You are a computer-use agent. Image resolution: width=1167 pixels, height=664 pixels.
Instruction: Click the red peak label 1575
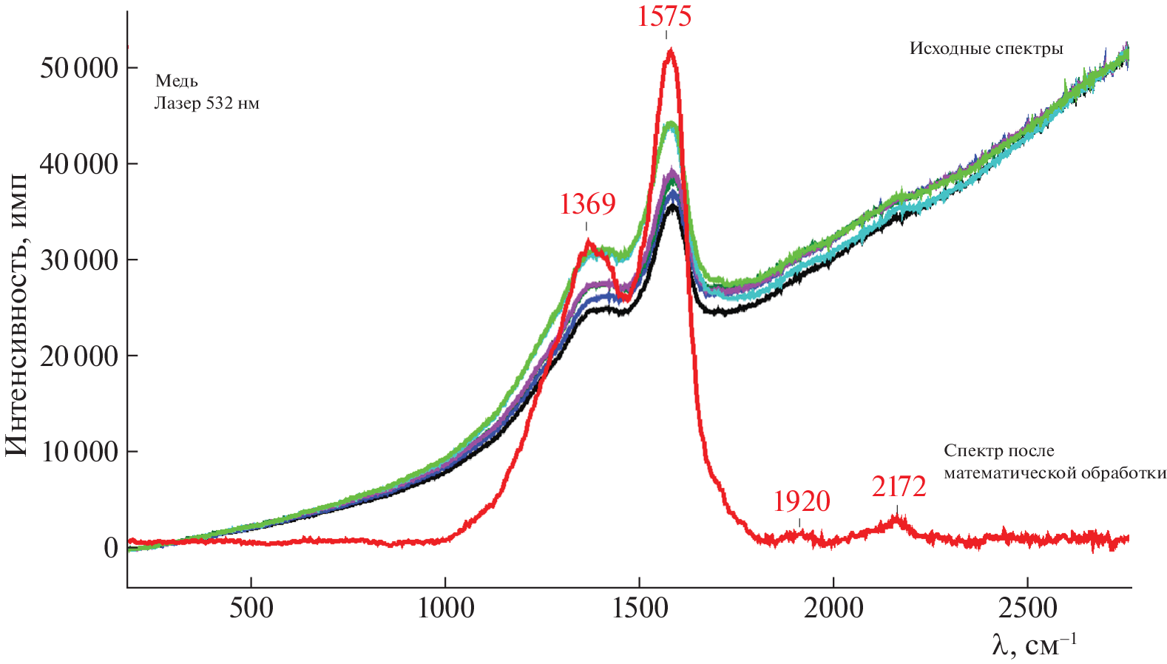(664, 16)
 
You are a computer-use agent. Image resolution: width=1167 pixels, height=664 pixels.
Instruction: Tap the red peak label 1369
(587, 203)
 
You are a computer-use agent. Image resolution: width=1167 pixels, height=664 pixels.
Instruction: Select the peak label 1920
(802, 501)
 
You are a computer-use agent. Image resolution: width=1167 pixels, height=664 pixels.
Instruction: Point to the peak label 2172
(899, 487)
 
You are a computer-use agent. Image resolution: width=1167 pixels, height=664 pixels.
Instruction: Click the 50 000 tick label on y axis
(79, 68)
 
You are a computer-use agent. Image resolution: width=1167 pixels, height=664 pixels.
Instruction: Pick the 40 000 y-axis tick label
(79, 164)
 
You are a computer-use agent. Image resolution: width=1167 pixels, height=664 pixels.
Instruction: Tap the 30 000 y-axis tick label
(79, 260)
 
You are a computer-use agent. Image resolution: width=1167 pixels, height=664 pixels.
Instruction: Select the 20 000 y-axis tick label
(79, 356)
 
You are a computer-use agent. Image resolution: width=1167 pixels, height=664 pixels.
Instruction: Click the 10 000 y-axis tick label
(79, 452)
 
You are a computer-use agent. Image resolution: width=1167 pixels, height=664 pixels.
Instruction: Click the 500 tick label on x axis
(251, 609)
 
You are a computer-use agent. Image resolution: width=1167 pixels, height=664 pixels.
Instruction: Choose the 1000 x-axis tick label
(445, 609)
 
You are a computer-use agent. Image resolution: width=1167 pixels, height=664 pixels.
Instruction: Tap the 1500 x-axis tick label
(639, 609)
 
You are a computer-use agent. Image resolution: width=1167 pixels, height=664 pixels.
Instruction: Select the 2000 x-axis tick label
(833, 609)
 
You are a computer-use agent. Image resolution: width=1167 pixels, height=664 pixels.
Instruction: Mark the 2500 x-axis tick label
(1027, 609)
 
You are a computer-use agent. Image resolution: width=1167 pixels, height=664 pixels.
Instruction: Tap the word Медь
(177, 81)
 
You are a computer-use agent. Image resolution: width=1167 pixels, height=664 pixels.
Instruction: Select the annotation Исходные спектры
(986, 49)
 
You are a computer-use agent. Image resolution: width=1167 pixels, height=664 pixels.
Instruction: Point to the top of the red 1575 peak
(670, 50)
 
